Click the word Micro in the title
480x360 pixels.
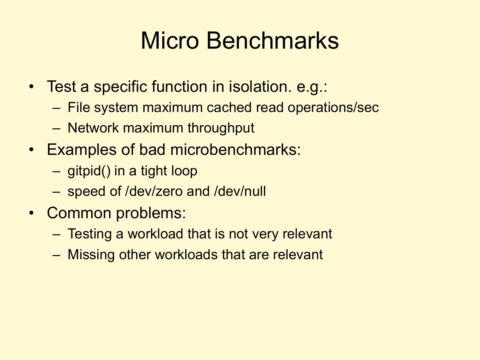tap(170, 41)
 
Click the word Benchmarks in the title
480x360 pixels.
tap(272, 41)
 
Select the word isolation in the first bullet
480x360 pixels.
tap(260, 86)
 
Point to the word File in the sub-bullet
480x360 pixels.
tap(79, 108)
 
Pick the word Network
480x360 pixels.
tap(93, 128)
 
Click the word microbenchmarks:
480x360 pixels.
tap(235, 150)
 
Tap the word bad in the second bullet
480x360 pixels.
tap(152, 150)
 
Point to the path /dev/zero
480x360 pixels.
tap(154, 191)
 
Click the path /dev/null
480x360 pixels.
tap(240, 191)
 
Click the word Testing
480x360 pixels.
tap(90, 234)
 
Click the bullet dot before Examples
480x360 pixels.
tap(31, 150)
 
